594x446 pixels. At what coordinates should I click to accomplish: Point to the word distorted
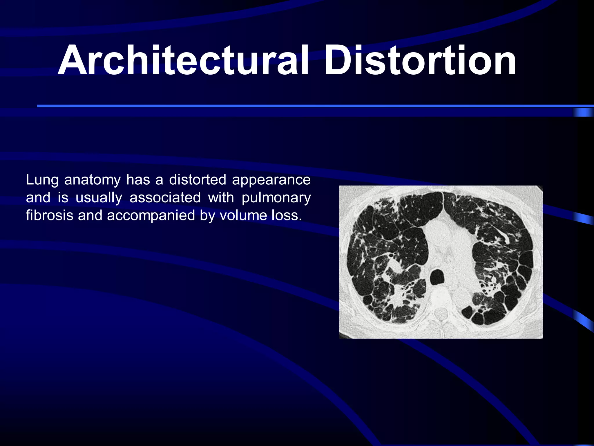click(x=198, y=180)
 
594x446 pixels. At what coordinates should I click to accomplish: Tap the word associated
click(x=165, y=198)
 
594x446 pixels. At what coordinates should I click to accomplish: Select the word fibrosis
click(x=49, y=215)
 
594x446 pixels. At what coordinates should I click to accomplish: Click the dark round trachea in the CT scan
click(x=437, y=278)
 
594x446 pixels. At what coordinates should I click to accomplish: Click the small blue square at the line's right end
click(x=583, y=112)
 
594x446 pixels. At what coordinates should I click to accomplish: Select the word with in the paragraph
click(x=221, y=198)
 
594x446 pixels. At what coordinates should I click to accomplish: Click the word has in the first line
click(x=138, y=180)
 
